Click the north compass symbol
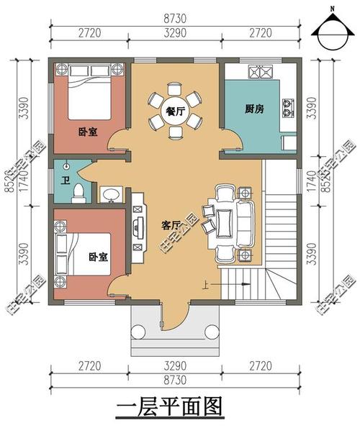tap(332, 29)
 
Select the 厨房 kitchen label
tap(253, 109)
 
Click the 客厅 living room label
tap(172, 225)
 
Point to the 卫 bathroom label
tap(66, 180)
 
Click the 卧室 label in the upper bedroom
tap(88, 132)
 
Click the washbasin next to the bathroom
tap(111, 194)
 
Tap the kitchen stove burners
tap(289, 108)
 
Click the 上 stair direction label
tap(206, 285)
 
